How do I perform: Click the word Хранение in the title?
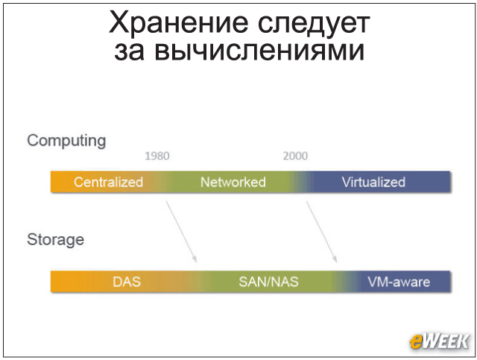[179, 24]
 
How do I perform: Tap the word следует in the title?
[314, 25]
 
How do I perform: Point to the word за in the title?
[129, 51]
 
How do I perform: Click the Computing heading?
[66, 141]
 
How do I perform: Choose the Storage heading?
[56, 240]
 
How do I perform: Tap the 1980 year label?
[157, 156]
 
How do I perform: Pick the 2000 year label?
[295, 156]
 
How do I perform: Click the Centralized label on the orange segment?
[108, 182]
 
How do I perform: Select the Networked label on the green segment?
[233, 182]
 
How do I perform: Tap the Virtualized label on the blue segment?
[373, 182]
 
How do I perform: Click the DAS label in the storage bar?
[127, 282]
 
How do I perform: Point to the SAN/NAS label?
[268, 282]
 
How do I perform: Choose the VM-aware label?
[399, 282]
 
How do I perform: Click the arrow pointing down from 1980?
[181, 231]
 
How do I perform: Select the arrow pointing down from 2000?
[321, 231]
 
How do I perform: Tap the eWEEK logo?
[439, 341]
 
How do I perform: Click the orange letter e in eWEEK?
[416, 342]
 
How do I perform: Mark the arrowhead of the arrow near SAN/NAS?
[195, 259]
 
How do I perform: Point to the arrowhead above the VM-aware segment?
[335, 259]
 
